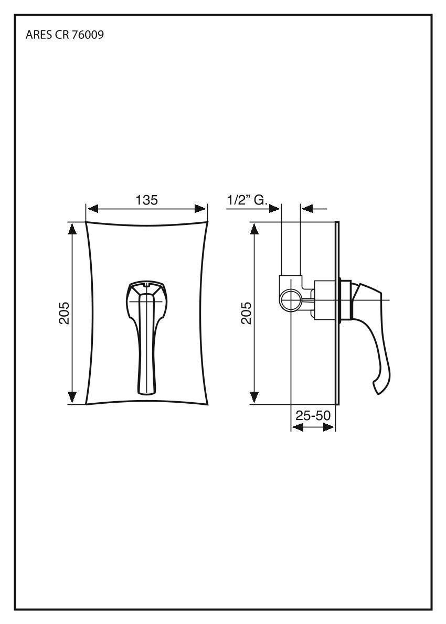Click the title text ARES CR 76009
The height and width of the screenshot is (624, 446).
click(65, 35)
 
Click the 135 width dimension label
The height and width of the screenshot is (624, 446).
click(147, 200)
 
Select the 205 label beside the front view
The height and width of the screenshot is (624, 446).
click(64, 313)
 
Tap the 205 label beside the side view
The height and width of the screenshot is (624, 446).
click(247, 313)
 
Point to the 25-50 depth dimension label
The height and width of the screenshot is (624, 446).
click(313, 415)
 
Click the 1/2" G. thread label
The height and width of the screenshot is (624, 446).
click(247, 200)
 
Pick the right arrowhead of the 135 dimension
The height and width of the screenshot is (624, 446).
click(200, 209)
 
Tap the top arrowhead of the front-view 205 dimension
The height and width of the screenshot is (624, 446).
click(72, 229)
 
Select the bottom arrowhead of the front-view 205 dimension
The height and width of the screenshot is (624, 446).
click(72, 397)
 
